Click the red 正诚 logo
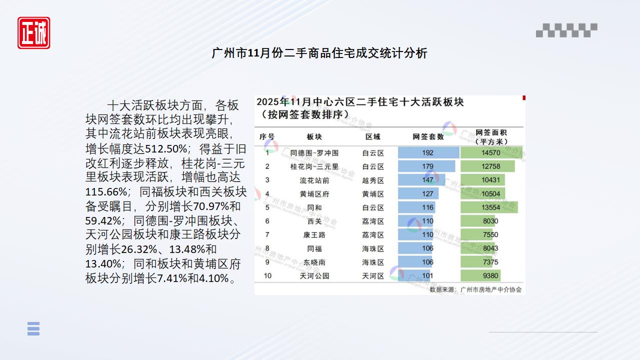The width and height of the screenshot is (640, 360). click(x=34, y=33)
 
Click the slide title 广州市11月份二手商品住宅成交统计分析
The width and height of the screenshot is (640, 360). click(x=319, y=53)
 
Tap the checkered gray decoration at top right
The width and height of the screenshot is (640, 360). click(x=566, y=30)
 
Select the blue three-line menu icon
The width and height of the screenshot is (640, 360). click(x=33, y=328)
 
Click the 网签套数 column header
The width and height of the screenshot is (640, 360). click(x=428, y=136)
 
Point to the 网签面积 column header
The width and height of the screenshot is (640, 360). click(x=491, y=136)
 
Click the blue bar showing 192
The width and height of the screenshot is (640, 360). click(x=428, y=152)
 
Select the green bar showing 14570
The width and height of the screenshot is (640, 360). click(x=491, y=152)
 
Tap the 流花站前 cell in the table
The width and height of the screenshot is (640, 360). click(x=314, y=180)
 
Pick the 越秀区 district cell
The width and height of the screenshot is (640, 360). click(x=373, y=180)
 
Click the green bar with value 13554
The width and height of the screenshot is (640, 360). click(x=488, y=207)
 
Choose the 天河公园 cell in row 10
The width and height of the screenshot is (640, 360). click(x=314, y=275)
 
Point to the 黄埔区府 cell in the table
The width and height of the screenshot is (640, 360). click(x=314, y=194)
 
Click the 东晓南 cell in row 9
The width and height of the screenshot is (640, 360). click(x=314, y=262)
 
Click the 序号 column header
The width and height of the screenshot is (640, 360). click(x=267, y=136)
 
